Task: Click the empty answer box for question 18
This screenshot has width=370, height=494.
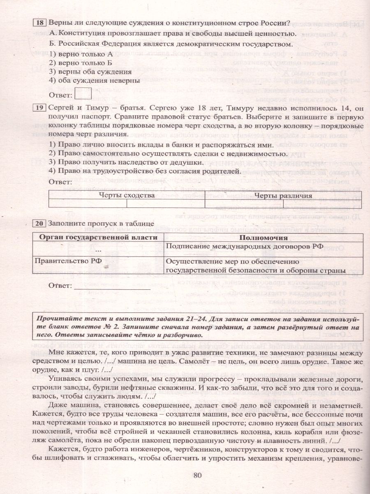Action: tap(83, 94)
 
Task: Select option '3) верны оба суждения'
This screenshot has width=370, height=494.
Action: tap(88, 72)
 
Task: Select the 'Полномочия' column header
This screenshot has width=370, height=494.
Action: tap(263, 238)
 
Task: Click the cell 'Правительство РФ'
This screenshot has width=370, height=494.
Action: tap(61, 261)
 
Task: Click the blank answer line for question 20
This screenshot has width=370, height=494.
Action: tap(112, 286)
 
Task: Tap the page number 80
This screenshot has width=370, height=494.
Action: tap(198, 475)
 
